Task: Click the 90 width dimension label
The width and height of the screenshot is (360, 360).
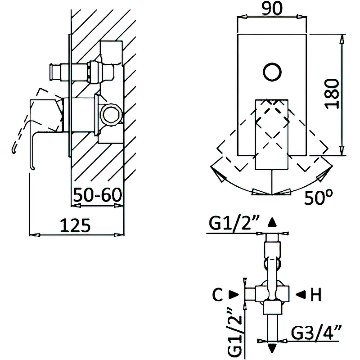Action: tap(272, 8)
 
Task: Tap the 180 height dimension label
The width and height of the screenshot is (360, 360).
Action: tap(332, 94)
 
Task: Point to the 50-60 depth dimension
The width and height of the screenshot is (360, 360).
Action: tap(97, 195)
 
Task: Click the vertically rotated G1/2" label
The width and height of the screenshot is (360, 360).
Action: tap(235, 333)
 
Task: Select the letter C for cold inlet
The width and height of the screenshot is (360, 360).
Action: tap(218, 294)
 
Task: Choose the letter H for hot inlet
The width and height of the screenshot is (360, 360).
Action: tap(316, 294)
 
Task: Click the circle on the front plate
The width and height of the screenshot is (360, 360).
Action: tap(272, 72)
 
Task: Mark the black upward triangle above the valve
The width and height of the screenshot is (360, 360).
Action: tap(272, 222)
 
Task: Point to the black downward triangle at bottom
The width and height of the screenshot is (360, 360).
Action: tap(272, 348)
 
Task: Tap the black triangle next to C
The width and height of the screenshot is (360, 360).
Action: tap(234, 294)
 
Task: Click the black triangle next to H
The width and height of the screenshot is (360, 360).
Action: tap(301, 294)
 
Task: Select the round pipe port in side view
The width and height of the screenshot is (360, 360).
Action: tap(111, 114)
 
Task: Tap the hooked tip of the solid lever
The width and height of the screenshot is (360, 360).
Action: tap(33, 168)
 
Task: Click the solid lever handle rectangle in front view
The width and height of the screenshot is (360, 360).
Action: tap(272, 135)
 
